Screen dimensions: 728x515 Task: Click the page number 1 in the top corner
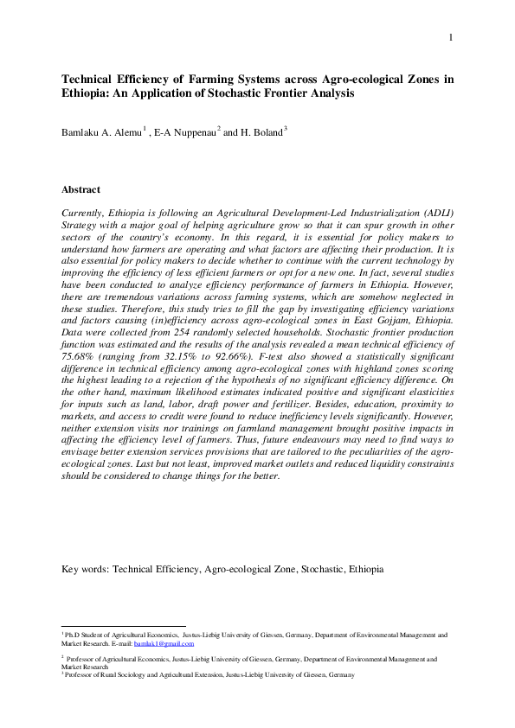(451, 37)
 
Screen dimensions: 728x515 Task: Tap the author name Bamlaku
(84, 133)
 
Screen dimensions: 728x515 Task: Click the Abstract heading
(80, 189)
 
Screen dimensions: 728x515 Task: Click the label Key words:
(85, 570)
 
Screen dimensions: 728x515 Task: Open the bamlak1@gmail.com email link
(169, 643)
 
